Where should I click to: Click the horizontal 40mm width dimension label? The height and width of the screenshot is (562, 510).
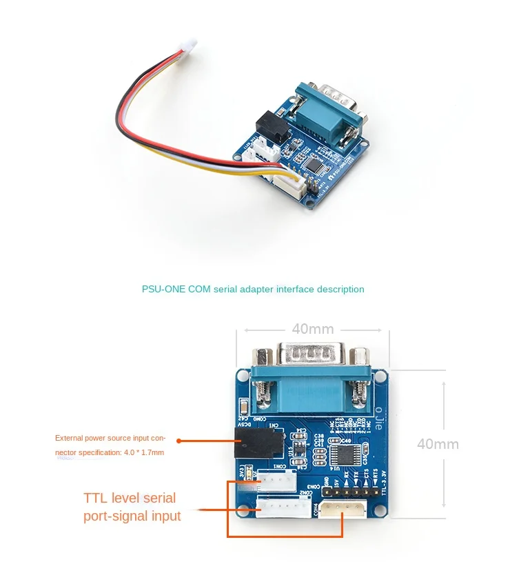312,330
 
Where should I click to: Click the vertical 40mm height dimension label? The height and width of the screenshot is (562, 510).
438,444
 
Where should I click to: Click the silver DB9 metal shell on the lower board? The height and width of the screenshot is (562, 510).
312,357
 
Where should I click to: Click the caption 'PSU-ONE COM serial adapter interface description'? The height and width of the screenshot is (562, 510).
253,289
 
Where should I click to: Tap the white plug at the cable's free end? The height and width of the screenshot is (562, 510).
185,48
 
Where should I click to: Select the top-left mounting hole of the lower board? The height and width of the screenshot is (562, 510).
242,377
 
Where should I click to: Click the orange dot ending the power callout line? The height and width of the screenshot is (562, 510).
179,441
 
